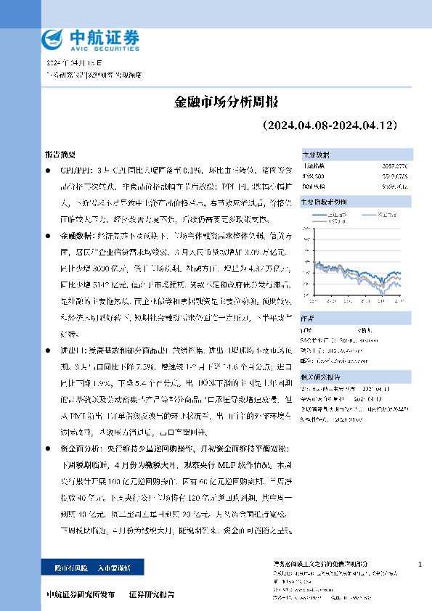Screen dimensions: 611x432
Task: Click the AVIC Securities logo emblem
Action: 54,38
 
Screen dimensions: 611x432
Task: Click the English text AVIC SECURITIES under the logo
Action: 103,48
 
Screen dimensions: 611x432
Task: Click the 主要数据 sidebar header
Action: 316,155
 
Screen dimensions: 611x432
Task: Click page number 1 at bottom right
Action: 420,564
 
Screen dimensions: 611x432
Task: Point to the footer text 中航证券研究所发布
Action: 80,595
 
